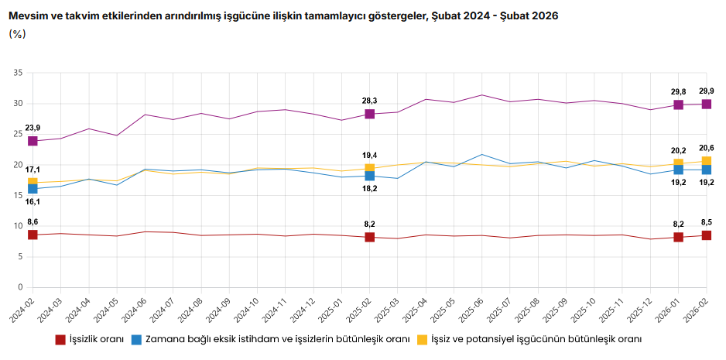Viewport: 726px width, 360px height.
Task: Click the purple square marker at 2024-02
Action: coord(33,141)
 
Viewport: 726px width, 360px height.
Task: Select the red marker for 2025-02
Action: coord(369,237)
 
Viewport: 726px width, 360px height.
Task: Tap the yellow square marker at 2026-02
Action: coord(707,161)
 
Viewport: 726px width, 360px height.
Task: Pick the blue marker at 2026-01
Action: coord(678,170)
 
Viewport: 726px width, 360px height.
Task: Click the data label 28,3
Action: coord(369,101)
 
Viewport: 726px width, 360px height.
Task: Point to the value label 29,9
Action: coord(707,91)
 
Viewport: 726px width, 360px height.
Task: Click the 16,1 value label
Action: coord(33,201)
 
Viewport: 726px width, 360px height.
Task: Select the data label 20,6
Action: coord(707,148)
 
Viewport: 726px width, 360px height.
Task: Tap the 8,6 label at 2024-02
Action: coord(33,221)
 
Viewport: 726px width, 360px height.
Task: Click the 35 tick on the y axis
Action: coord(19,73)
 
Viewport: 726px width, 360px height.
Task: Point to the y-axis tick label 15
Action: coord(19,195)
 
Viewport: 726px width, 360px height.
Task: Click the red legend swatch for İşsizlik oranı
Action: coord(60,340)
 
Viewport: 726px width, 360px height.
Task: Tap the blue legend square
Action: coord(136,340)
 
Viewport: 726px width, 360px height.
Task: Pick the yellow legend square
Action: coord(422,340)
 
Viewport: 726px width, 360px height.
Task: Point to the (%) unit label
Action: coord(17,34)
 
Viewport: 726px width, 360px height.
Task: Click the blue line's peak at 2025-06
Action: coord(482,155)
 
